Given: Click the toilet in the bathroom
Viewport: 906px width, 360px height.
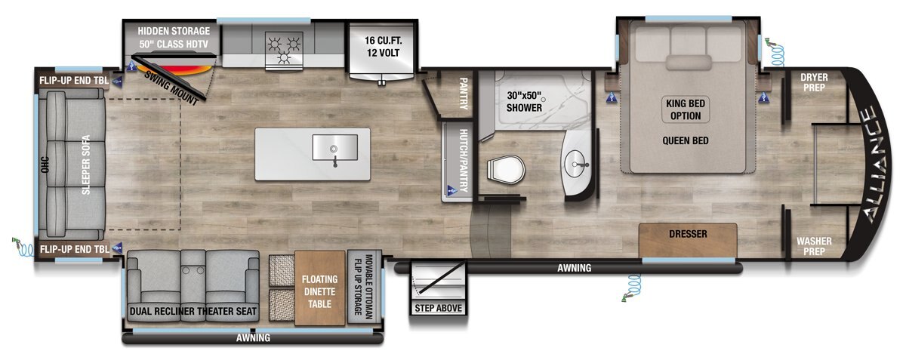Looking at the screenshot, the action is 506,170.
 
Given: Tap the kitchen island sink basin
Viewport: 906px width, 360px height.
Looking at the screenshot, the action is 335,147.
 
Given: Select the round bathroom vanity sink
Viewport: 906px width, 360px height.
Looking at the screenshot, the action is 576,164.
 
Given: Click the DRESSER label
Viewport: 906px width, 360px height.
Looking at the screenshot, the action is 688,234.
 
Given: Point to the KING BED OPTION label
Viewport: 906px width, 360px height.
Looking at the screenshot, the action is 686,109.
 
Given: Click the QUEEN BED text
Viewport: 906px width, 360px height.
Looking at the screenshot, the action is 686,141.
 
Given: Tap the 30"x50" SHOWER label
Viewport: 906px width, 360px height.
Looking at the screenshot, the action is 524,102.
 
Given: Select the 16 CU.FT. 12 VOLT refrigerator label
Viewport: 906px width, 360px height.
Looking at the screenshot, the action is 383,47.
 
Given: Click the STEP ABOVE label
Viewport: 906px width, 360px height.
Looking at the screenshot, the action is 438,308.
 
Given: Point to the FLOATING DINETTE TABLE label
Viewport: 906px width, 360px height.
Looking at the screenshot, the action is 319,291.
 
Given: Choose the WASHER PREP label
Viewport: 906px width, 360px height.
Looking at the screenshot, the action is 814,246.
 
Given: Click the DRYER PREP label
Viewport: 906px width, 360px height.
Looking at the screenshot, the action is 814,82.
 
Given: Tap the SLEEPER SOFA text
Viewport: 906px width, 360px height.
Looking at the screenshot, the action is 86,165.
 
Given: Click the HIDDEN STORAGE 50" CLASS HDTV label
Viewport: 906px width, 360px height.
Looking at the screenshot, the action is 174,38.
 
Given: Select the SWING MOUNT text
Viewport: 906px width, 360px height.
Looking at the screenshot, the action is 171,88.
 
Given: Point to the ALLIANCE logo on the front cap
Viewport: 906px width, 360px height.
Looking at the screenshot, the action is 874,165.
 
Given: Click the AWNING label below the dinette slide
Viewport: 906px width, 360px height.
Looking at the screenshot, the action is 253,338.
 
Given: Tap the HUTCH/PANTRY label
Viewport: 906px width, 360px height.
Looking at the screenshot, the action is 464,161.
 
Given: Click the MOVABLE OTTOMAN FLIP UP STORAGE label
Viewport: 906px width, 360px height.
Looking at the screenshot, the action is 363,286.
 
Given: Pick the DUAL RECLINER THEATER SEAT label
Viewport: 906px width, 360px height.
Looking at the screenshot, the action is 193,312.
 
